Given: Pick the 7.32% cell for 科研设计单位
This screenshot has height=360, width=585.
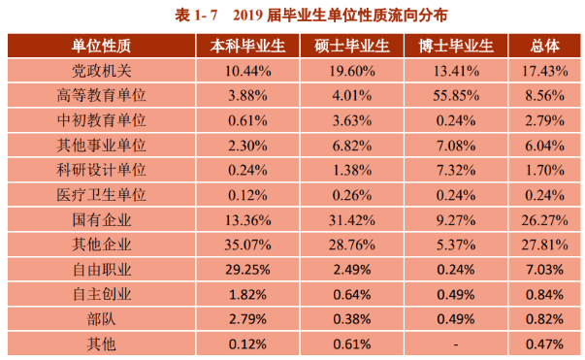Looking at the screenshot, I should coord(456,168).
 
